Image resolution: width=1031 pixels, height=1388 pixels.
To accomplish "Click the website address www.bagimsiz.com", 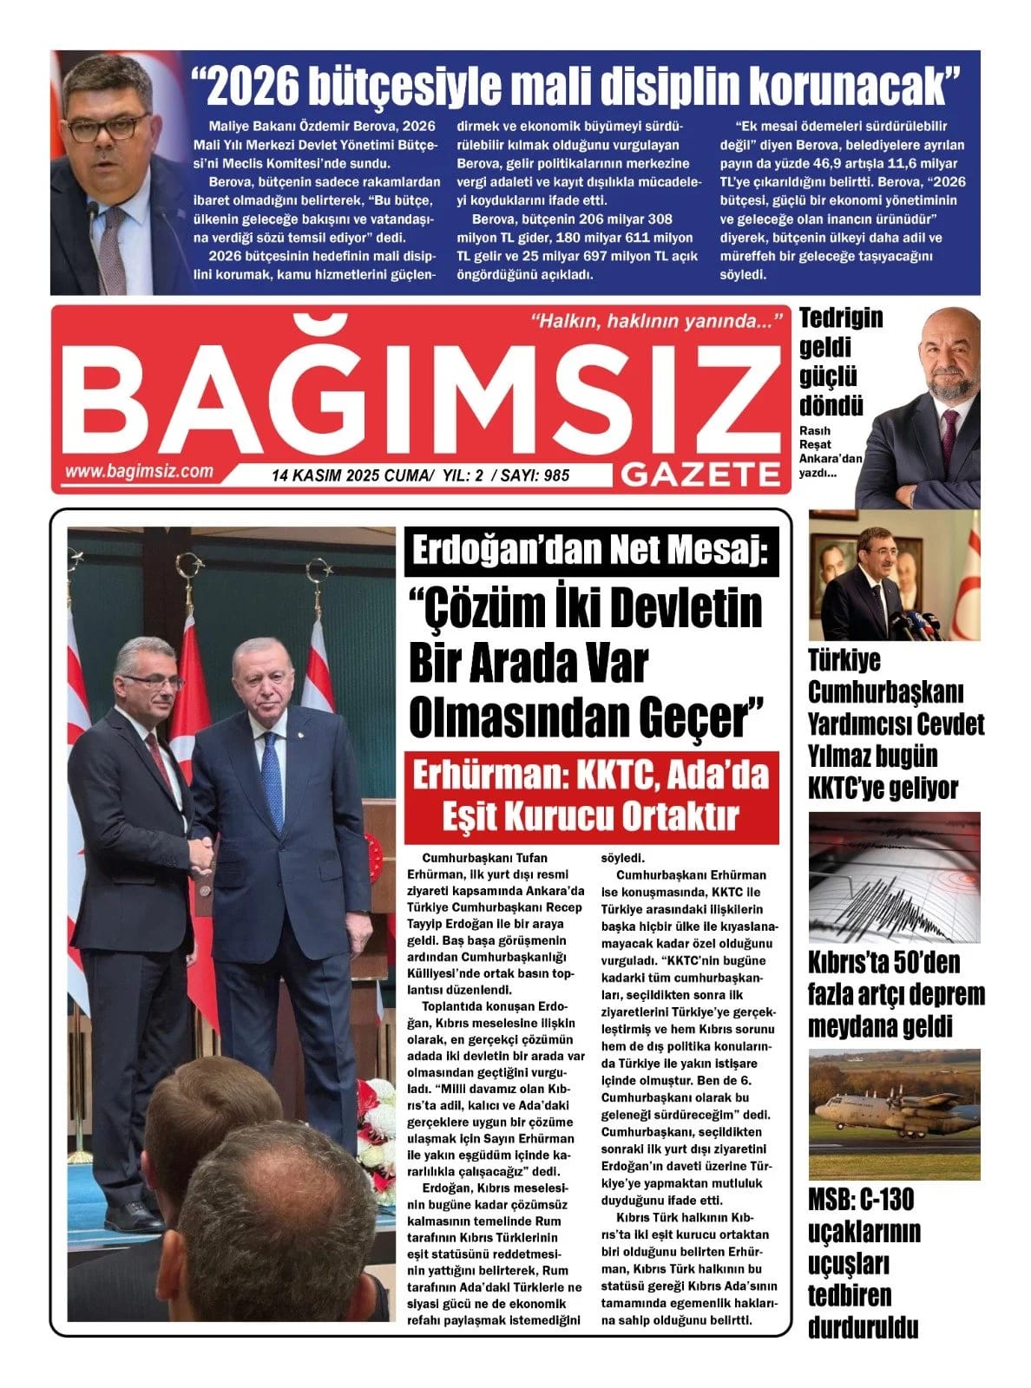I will pyautogui.click(x=138, y=471).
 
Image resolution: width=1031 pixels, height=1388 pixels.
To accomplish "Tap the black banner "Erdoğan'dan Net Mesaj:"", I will pyautogui.click(x=591, y=552).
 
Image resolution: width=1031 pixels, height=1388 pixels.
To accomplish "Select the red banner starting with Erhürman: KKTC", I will pyautogui.click(x=591, y=796).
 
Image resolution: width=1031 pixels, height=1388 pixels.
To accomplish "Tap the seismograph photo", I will pyautogui.click(x=894, y=877).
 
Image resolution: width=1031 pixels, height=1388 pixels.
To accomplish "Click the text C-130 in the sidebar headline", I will pyautogui.click(x=887, y=1200).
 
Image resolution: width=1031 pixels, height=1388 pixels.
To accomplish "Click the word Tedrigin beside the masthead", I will pyautogui.click(x=841, y=318).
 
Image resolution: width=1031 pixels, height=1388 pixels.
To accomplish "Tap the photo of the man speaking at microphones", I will pyautogui.click(x=894, y=575).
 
